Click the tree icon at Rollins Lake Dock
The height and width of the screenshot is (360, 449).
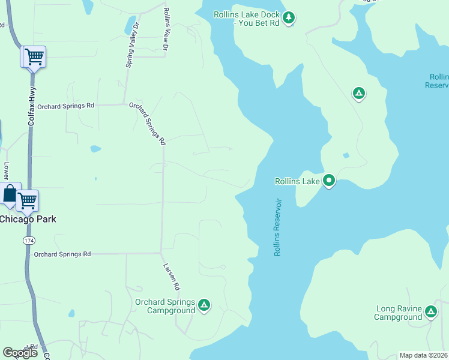[289, 18]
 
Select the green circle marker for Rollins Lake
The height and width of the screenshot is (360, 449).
[329, 181]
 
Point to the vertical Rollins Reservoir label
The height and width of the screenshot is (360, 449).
[278, 228]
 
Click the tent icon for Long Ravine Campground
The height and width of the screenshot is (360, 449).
[430, 312]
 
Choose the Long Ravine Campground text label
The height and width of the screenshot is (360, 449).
[399, 313]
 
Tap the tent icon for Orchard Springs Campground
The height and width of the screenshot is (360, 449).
[204, 305]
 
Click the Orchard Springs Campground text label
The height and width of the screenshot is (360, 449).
[165, 306]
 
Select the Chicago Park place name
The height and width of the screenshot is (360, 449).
[28, 219]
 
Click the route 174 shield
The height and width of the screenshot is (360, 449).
[29, 240]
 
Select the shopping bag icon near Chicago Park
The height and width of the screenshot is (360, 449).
[10, 194]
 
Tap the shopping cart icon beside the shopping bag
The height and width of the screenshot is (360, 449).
[27, 201]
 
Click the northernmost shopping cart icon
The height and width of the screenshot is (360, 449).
[34, 57]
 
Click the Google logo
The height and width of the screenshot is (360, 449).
[20, 353]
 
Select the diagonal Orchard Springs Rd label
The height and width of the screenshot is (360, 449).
[147, 123]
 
